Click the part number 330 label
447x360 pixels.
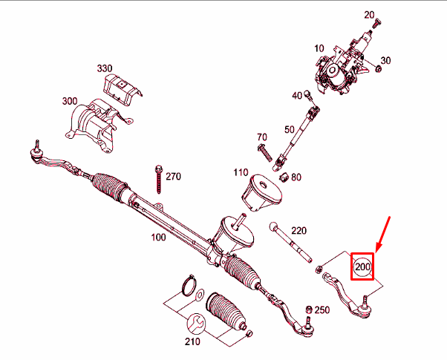pyautogui.click(x=105, y=68)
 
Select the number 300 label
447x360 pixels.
pyautogui.click(x=70, y=101)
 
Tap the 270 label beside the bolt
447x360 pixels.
pyautogui.click(x=173, y=177)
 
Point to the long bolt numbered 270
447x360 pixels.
pyautogui.click(x=159, y=180)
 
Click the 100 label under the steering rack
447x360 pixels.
pyautogui.click(x=158, y=237)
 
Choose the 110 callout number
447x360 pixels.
pyautogui.click(x=241, y=172)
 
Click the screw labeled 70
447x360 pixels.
pyautogui.click(x=265, y=153)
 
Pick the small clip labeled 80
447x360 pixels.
pyautogui.click(x=284, y=177)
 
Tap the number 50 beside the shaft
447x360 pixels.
pyautogui.click(x=290, y=129)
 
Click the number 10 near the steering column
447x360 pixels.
pyautogui.click(x=319, y=48)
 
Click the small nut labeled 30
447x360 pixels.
pyautogui.click(x=378, y=68)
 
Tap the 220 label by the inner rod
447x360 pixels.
pyautogui.click(x=298, y=230)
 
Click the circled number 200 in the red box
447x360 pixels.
pyautogui.click(x=362, y=267)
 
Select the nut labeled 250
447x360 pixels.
pyautogui.click(x=308, y=310)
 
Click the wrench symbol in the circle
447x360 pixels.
pyautogui.click(x=196, y=323)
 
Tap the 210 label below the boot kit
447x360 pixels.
pyautogui.click(x=192, y=341)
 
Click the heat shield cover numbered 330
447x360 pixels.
pyautogui.click(x=123, y=87)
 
